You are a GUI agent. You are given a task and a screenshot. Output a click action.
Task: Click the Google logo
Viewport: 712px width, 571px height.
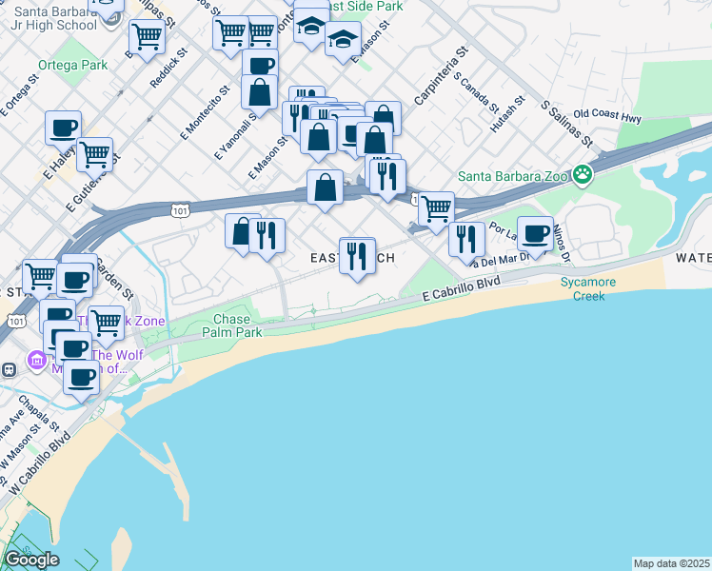click(31, 560)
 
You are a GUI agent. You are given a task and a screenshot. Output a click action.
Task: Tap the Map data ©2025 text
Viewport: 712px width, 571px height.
click(672, 563)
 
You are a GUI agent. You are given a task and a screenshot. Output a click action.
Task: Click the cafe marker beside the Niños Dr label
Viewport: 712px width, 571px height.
click(535, 232)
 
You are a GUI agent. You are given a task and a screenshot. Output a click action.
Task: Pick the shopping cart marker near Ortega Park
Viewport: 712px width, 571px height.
click(146, 37)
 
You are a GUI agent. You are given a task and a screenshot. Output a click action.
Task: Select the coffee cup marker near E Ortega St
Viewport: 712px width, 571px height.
click(64, 127)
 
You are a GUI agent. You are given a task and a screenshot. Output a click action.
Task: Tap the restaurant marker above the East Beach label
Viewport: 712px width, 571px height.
click(357, 254)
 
